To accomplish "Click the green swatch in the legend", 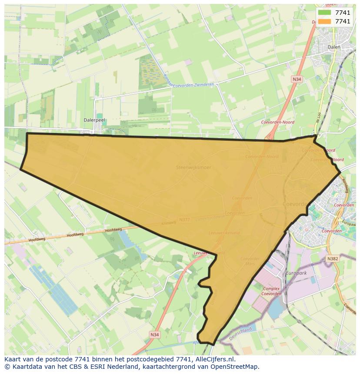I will pos(324,13).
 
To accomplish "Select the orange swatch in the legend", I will pos(324,21).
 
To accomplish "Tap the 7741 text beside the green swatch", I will pos(343,13).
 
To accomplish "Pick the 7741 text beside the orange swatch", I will pos(343,21).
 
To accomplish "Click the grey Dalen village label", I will pos(334,47).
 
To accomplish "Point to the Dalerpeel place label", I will pos(94,120).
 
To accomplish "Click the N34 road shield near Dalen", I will pos(297,79).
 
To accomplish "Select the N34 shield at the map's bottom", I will pos(154,334).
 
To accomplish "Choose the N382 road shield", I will pos(332,258).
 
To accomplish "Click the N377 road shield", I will pos(184,220).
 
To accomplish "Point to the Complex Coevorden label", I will pos(271,291).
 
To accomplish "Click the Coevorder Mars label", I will pos(250,261).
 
